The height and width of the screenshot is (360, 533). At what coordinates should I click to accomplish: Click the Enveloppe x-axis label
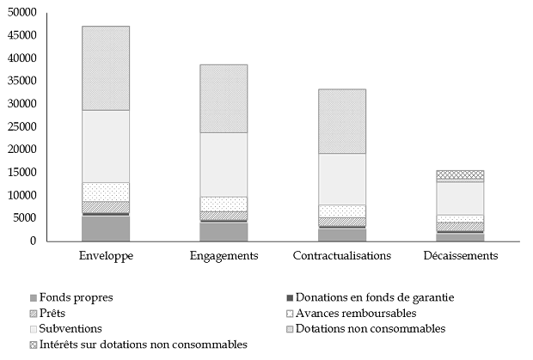tap(105, 256)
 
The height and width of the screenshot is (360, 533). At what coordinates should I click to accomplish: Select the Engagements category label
tap(224, 256)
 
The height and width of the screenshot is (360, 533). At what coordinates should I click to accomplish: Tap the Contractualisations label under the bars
tap(341, 256)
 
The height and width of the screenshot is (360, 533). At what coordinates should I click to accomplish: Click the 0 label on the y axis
tap(33, 241)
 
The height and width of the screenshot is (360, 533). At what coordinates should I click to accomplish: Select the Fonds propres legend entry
tap(76, 297)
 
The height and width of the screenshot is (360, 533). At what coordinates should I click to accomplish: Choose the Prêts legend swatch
tap(32, 313)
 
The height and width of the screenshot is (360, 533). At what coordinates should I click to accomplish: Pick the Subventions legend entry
tap(70, 328)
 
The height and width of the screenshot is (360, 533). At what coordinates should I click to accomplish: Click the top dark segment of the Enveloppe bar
tap(105, 68)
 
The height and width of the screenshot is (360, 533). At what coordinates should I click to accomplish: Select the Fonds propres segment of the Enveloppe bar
tap(105, 229)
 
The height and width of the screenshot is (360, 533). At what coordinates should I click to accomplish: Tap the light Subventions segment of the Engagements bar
tap(224, 164)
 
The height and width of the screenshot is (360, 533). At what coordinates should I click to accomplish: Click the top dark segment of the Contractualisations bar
tap(341, 121)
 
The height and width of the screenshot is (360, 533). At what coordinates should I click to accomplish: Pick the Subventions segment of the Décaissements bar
tap(460, 198)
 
